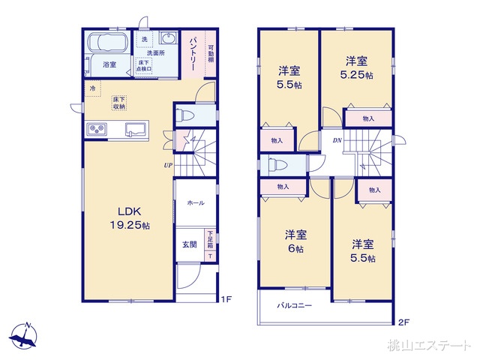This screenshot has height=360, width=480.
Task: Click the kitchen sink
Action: [135, 128]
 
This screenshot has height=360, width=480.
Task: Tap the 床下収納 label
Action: [119, 103]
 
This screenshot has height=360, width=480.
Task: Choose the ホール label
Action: [195, 202]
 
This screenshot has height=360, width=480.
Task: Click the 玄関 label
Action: [189, 244]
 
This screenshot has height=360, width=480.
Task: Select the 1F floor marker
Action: [226, 299]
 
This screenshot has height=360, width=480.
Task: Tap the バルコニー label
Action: [294, 306]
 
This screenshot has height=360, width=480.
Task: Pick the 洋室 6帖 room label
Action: [294, 240]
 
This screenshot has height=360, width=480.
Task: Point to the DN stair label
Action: [337, 140]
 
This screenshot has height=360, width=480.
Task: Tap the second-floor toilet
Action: [275, 166]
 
